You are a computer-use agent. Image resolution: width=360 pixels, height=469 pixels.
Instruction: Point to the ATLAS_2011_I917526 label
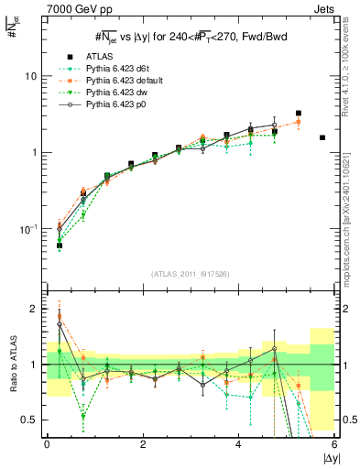(190, 275)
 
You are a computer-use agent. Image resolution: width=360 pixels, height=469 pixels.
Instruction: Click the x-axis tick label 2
(142, 443)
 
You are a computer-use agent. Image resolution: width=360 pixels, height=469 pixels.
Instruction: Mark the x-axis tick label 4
(238, 443)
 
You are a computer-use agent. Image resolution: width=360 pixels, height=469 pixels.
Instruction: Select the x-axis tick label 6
(333, 443)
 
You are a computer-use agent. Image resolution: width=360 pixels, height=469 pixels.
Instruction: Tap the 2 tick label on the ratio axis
(32, 309)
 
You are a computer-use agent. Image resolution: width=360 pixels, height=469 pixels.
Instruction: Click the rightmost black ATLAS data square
(322, 137)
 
